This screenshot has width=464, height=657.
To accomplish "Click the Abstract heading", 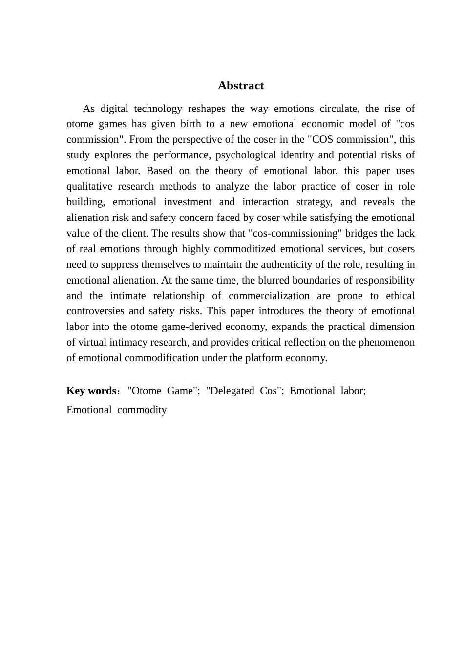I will click(241, 86).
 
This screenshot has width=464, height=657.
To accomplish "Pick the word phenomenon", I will click(387, 342).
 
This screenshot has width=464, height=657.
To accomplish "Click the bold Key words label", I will click(91, 391).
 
